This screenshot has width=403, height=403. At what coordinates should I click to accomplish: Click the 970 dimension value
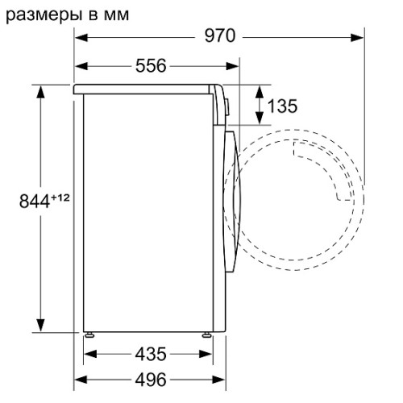tap(220, 35)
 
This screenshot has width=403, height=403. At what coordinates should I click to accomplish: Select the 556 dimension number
tap(151, 65)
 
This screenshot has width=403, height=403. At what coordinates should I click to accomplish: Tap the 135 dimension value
tap(282, 106)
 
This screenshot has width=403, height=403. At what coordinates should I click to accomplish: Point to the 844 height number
tap(35, 201)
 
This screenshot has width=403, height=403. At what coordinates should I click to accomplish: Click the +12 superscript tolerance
tap(60, 197)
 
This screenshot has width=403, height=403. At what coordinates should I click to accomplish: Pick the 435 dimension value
tap(151, 354)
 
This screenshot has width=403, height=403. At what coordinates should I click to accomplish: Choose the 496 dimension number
tap(151, 380)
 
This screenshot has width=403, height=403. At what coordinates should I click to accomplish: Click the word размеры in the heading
tap(44, 16)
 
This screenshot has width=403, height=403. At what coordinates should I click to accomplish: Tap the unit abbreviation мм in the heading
tap(116, 16)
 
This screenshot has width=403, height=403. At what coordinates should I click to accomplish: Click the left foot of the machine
tap(89, 334)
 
